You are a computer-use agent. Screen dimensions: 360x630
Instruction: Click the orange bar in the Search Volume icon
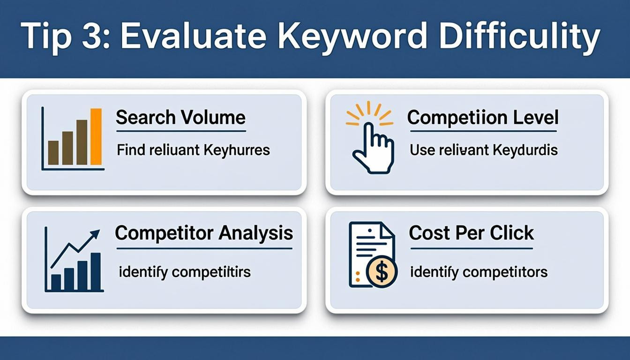point(96,137)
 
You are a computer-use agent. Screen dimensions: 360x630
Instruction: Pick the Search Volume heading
point(180,117)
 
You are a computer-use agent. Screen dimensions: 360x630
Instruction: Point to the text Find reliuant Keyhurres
point(193,150)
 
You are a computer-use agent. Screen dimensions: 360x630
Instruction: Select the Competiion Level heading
point(483,117)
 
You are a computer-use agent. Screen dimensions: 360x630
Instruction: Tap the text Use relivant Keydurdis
point(483,150)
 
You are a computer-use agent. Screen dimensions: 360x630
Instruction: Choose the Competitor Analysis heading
point(204,233)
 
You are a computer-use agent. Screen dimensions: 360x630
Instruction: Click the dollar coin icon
point(382,272)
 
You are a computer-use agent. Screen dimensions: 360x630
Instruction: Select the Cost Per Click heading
point(471,233)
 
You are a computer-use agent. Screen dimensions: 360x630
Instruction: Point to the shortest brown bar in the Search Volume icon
point(53,153)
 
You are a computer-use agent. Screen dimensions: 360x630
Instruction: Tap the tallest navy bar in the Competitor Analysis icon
point(96,271)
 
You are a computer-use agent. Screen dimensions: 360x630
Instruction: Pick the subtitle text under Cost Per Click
point(479,271)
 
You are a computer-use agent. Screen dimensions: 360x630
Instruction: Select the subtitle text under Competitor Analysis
point(185,271)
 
